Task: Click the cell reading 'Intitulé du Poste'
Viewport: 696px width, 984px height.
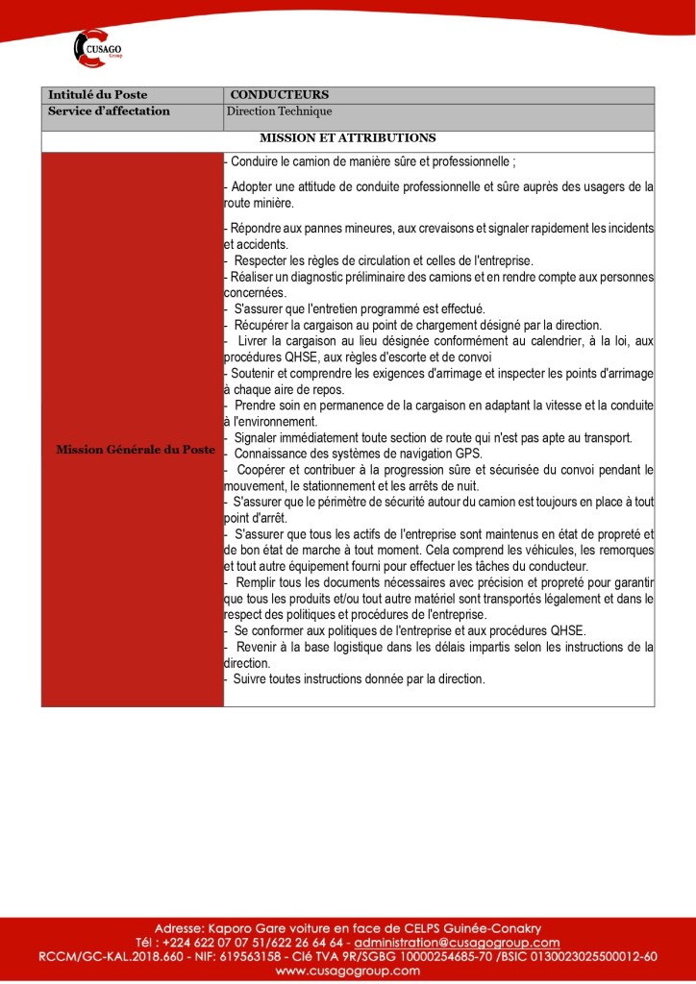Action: pos(98,95)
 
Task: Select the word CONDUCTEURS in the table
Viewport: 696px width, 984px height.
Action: pos(280,95)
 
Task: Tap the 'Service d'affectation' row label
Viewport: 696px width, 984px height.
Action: pos(109,111)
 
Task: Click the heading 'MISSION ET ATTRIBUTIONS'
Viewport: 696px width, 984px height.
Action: pos(347,138)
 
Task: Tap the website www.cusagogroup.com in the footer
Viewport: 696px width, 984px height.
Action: pos(347,971)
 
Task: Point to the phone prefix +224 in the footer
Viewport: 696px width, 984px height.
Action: pos(179,943)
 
